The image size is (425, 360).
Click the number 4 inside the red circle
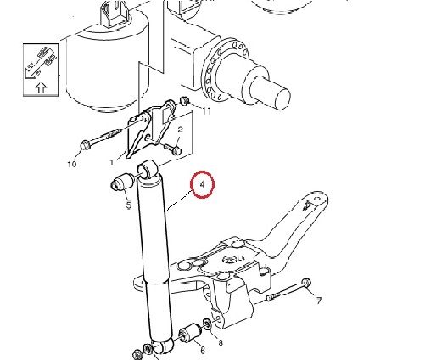click(202, 185)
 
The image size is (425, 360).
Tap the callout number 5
click(129, 205)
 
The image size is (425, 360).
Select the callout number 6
click(203, 351)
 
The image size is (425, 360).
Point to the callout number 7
click(319, 301)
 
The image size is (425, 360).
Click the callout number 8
click(221, 343)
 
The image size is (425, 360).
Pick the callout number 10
click(72, 164)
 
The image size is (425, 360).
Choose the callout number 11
click(207, 111)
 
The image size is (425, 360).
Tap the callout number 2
click(180, 130)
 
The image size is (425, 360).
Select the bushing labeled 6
click(190, 333)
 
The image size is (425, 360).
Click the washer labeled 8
click(207, 323)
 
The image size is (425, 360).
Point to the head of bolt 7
click(306, 283)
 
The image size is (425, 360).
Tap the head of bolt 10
click(85, 145)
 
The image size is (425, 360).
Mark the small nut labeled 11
click(185, 100)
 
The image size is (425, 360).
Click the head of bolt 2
click(176, 149)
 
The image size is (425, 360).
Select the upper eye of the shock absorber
click(148, 170)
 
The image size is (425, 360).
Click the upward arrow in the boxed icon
click(42, 87)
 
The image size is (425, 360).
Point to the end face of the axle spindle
click(282, 99)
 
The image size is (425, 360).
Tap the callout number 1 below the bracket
click(112, 163)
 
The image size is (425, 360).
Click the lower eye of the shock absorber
click(162, 346)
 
